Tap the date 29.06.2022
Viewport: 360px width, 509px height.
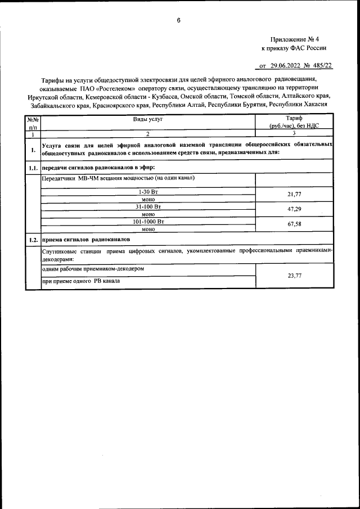click(287, 66)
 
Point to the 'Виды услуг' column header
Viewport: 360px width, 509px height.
click(147, 119)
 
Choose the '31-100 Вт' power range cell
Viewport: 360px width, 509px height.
click(148, 206)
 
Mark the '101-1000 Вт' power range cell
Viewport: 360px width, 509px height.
click(148, 222)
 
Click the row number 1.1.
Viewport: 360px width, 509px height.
click(33, 168)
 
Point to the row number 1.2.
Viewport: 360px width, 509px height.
click(33, 240)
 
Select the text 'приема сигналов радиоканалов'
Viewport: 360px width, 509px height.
click(85, 240)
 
